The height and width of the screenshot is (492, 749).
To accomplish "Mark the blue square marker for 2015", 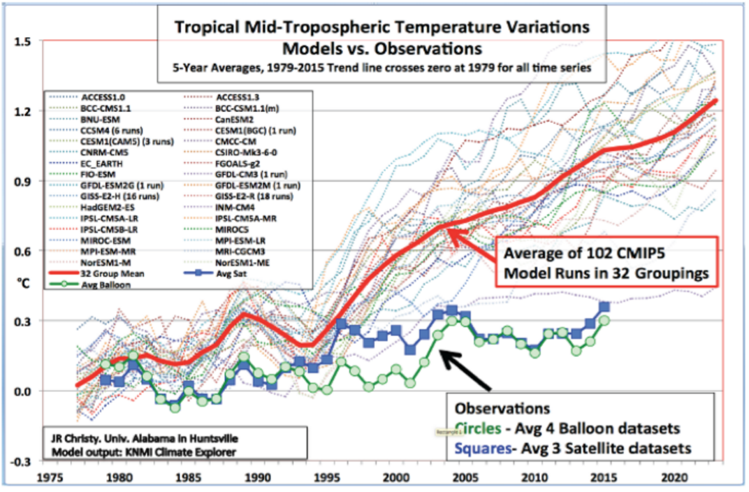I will tap(604, 307).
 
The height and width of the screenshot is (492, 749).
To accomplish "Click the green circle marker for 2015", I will tap(604, 320).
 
